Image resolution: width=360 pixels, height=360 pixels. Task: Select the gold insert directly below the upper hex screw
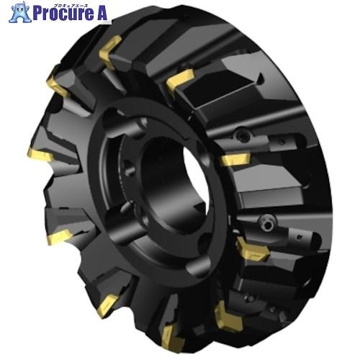coord(235,159)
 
